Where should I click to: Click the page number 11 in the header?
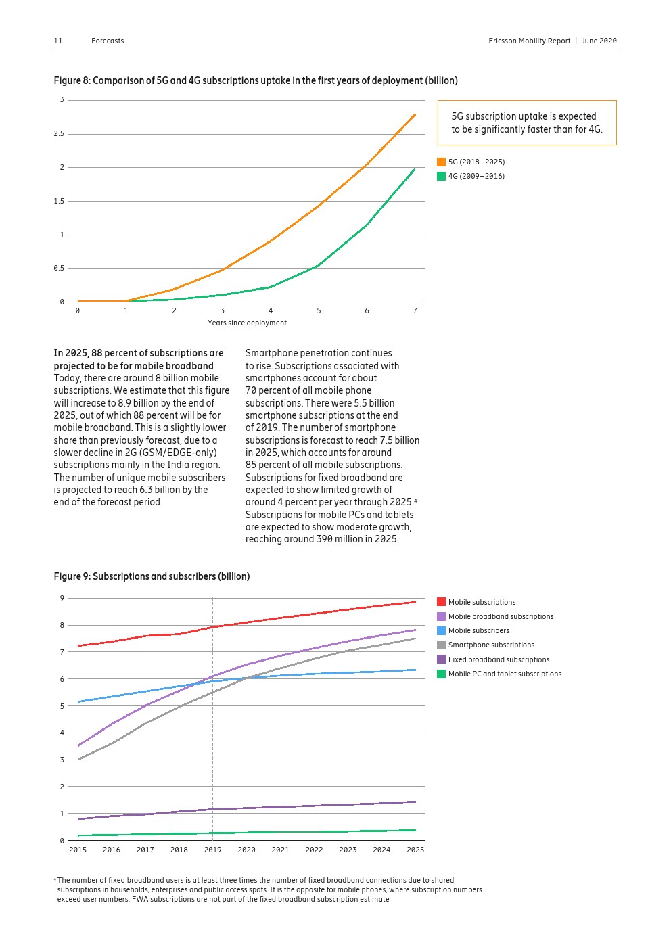click(x=58, y=41)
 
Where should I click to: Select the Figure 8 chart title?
click(x=255, y=80)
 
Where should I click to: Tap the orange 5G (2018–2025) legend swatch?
click(x=441, y=162)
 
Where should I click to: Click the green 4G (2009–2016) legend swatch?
click(x=441, y=177)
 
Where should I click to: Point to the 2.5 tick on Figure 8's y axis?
click(x=59, y=134)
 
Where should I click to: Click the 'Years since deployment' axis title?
click(x=247, y=323)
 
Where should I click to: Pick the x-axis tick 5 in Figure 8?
click(x=319, y=311)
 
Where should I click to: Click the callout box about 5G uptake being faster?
click(x=526, y=123)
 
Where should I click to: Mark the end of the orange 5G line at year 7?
click(x=415, y=114)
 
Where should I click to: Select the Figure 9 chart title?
click(x=152, y=576)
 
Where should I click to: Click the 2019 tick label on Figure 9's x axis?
click(x=212, y=850)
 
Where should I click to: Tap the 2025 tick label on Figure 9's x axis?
click(x=415, y=850)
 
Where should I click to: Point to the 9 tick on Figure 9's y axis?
click(x=62, y=598)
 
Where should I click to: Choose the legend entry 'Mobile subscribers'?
click(x=478, y=631)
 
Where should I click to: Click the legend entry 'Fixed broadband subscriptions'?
click(x=499, y=660)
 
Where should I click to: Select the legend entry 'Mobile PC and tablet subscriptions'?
click(x=505, y=674)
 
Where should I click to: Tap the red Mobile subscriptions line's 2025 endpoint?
click(x=415, y=602)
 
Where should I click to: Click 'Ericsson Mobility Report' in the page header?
click(x=530, y=41)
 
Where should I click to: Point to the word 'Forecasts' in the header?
click(x=108, y=41)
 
